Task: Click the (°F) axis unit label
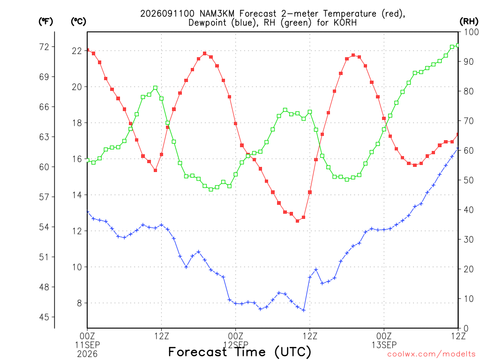coord(45,22)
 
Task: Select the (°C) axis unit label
coord(78,22)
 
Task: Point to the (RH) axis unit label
coord(468,22)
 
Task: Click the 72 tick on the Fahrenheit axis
coord(44,47)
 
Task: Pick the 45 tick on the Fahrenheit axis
coord(44,317)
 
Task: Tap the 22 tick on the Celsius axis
coord(77,51)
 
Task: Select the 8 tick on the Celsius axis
coord(80,303)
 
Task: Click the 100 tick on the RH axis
coord(472,32)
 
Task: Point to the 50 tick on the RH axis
coord(469,180)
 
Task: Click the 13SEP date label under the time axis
coord(384,345)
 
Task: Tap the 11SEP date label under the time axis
coord(87,345)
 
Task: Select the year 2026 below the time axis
coord(87,354)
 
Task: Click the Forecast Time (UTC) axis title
coord(240,352)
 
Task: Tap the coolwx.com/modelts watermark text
coord(431,354)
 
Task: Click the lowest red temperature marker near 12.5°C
coord(297,221)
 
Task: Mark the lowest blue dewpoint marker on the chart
coord(304,310)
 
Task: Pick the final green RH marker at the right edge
coord(457,45)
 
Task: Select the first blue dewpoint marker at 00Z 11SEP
coord(88,212)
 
